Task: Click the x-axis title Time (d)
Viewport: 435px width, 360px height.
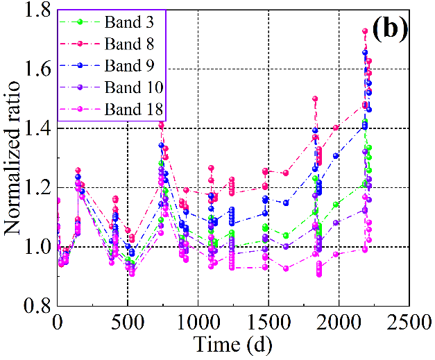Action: coord(232,343)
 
